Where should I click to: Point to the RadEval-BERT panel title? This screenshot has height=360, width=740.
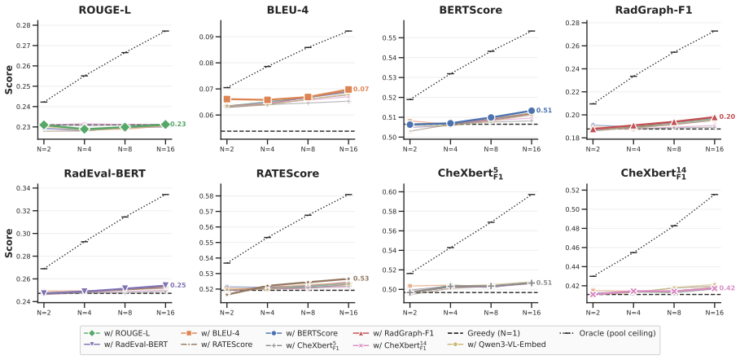104,173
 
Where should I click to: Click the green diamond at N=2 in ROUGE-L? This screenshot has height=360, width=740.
44,125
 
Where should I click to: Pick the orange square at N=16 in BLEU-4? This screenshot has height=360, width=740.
348,90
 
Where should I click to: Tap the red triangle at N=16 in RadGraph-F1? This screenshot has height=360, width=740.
714,117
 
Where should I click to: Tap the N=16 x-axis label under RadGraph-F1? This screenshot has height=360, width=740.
714,148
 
